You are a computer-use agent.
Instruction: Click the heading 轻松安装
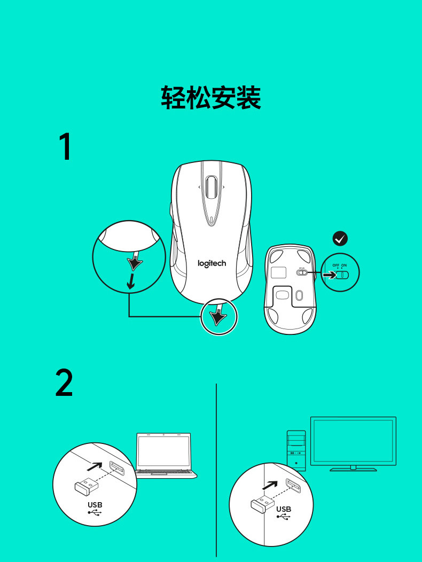[211, 98]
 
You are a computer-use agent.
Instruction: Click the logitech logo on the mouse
[212, 263]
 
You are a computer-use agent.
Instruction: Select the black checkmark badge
[340, 238]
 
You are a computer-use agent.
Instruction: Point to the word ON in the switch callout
[344, 266]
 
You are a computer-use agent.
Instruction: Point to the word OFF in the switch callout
[335, 266]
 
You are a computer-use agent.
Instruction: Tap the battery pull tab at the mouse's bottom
[218, 316]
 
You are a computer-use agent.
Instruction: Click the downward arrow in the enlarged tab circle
[130, 282]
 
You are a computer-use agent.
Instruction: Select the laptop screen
[163, 451]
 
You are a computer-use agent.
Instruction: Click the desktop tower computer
[296, 450]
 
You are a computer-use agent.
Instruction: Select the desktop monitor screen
[353, 440]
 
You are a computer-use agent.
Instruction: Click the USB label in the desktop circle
[284, 510]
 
